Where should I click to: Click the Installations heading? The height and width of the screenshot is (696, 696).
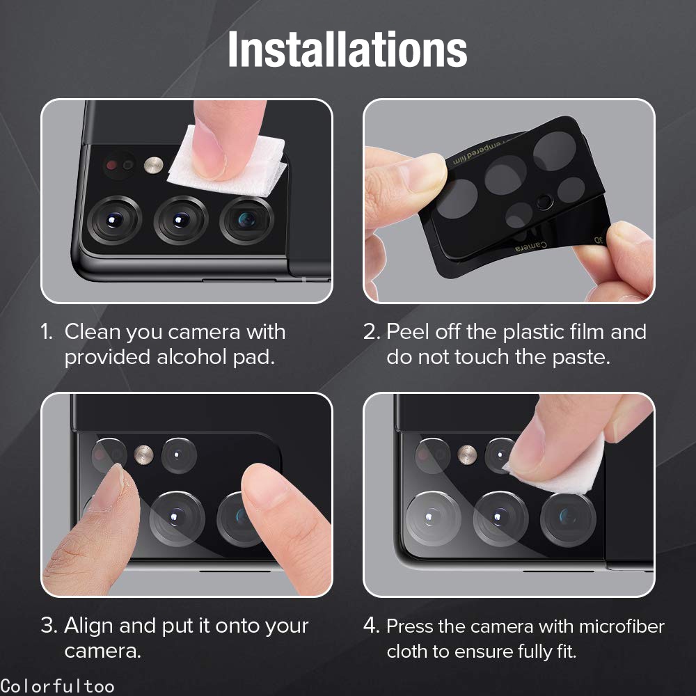(x=347, y=49)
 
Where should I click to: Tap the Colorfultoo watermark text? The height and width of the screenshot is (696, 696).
(x=57, y=686)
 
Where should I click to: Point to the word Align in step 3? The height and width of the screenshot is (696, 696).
(x=89, y=626)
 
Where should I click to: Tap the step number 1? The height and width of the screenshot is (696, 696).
(x=46, y=332)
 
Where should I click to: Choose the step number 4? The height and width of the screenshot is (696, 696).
(x=370, y=626)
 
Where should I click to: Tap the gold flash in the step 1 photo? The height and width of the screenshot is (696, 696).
(x=154, y=165)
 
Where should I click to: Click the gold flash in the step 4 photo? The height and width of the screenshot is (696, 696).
(x=466, y=454)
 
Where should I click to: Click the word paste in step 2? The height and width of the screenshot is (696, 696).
(x=580, y=357)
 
